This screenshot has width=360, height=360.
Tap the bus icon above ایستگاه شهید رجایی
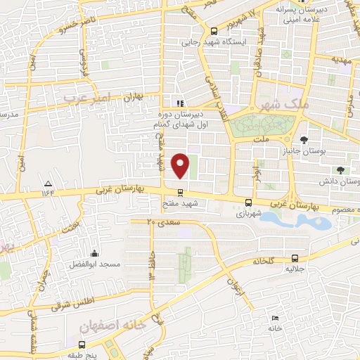click(x=214, y=30)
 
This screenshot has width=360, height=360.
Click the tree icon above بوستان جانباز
click(x=303, y=138)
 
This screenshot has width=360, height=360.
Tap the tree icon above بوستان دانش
click(x=340, y=170)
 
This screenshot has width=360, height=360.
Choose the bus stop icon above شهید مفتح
click(x=181, y=192)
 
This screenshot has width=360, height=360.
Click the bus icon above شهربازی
click(x=245, y=202)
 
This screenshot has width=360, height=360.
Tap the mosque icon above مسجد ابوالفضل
click(x=94, y=253)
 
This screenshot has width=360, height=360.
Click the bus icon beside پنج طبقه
click(x=82, y=345)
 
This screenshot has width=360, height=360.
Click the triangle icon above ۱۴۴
click(x=48, y=182)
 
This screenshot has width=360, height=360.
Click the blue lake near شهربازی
click(x=295, y=221)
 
